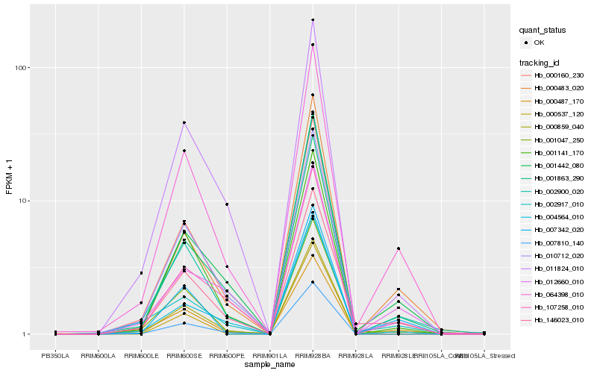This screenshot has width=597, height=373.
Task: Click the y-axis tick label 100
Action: (21, 67)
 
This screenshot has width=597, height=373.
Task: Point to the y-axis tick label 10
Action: (22, 201)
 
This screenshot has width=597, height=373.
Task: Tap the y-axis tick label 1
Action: (24, 334)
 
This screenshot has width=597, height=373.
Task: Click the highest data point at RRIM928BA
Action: (313, 20)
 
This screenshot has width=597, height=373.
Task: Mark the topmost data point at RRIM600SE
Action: (184, 122)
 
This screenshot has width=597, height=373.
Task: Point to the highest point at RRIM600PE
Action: (227, 204)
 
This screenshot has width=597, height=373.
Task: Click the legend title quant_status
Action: (544, 30)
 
